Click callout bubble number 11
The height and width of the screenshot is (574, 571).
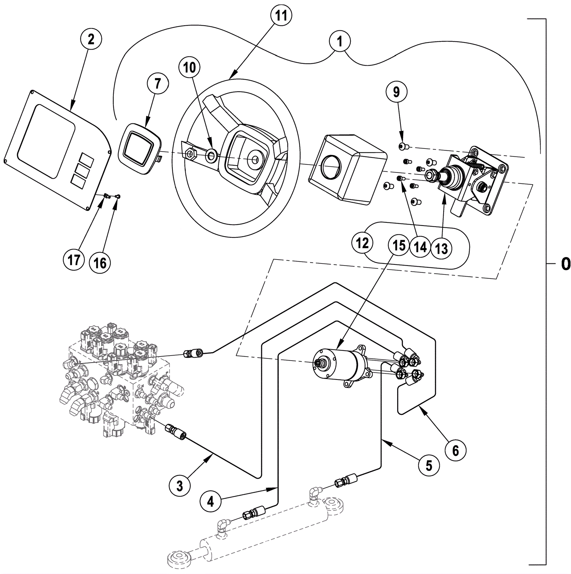tap(281, 16)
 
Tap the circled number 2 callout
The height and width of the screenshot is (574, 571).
tap(91, 39)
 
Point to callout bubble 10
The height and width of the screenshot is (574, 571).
tap(190, 67)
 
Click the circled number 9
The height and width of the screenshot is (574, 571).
tap(396, 92)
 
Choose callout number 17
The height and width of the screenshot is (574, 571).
tap(74, 260)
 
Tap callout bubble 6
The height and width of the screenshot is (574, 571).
tap(455, 450)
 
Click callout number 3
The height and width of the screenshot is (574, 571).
tap(180, 486)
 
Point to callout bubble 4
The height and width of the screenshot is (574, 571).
tap(211, 502)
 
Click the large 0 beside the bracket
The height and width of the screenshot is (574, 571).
tap(566, 264)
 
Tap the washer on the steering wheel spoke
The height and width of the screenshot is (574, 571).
tap(211, 155)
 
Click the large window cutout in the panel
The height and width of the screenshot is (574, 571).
tap(46, 141)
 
